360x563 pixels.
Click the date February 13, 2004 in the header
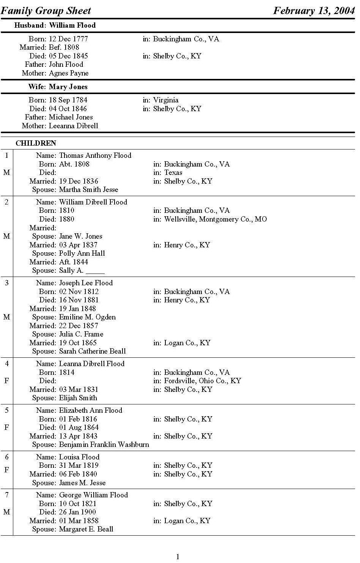(x=314, y=10)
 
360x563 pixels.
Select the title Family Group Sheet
(x=46, y=10)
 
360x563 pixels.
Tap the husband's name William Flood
(x=72, y=25)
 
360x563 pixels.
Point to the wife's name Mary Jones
(x=68, y=87)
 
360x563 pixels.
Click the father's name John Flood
(x=66, y=64)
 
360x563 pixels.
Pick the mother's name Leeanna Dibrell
(x=73, y=126)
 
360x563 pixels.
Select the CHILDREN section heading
(x=36, y=143)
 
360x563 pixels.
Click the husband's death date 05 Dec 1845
(x=68, y=56)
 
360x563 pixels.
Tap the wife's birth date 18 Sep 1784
(x=68, y=100)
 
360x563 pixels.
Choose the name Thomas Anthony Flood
(x=95, y=156)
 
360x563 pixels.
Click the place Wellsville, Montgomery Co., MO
(x=215, y=219)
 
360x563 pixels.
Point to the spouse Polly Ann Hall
(x=82, y=253)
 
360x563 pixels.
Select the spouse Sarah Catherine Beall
(x=92, y=351)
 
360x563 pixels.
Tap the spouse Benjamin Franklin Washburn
(x=104, y=445)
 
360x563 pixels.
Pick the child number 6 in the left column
(x=6, y=457)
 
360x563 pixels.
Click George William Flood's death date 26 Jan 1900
(x=77, y=512)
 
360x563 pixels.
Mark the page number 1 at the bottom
(x=178, y=557)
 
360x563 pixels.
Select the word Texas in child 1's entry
(x=173, y=173)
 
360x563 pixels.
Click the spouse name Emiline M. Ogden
(x=87, y=317)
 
